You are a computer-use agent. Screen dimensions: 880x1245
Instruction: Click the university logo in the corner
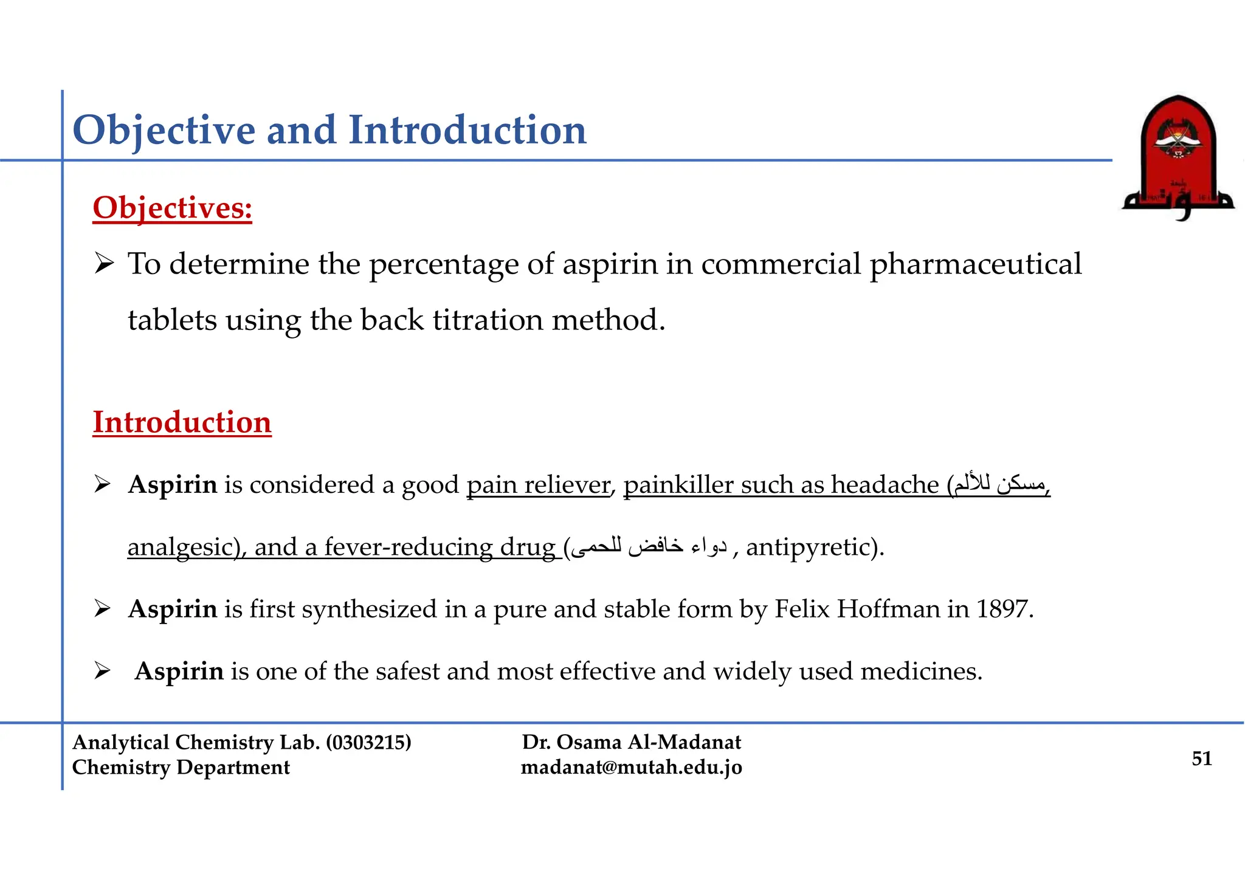click(x=1178, y=157)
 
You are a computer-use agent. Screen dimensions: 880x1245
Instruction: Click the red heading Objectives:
click(x=172, y=208)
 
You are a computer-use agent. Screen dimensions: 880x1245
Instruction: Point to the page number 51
click(x=1202, y=758)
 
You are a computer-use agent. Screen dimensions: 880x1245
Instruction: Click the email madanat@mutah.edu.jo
click(x=631, y=768)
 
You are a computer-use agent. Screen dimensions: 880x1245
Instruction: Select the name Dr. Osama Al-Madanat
click(x=631, y=742)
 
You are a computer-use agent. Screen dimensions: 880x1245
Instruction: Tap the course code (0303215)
click(x=368, y=742)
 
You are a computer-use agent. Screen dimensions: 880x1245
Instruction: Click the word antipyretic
click(x=809, y=547)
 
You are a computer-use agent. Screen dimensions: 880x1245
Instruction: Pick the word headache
click(x=885, y=485)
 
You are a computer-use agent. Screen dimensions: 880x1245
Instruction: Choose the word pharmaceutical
click(x=975, y=264)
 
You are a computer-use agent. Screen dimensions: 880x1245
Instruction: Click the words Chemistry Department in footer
click(x=181, y=768)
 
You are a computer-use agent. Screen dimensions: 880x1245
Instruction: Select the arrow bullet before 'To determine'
click(x=104, y=264)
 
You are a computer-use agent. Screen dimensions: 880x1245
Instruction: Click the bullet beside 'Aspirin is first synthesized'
click(x=102, y=608)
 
